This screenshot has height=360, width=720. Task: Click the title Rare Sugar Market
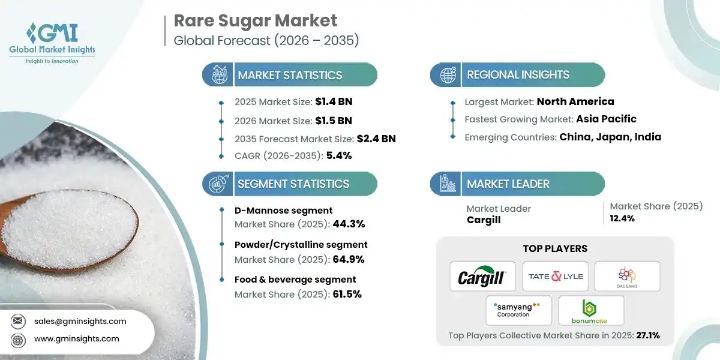coord(256,20)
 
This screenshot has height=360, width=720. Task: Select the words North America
coord(575,101)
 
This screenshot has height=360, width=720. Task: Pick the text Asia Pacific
coord(606,119)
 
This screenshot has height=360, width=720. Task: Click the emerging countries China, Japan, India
coord(610,137)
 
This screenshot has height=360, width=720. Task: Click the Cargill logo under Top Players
coord(482,277)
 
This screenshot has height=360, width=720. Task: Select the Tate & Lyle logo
coord(555,277)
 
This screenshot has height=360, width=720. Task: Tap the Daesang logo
coord(627,276)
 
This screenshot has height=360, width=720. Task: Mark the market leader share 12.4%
coord(622,218)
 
